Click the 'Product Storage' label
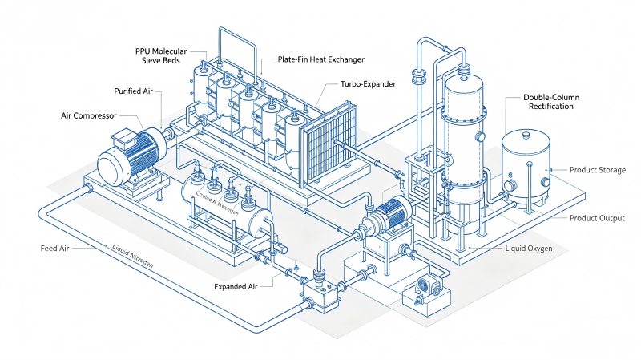(x=597, y=170)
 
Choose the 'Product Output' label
(x=597, y=218)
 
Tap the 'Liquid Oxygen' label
(x=529, y=249)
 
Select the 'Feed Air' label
(x=54, y=249)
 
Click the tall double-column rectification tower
(x=465, y=140)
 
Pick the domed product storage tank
(x=526, y=168)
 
